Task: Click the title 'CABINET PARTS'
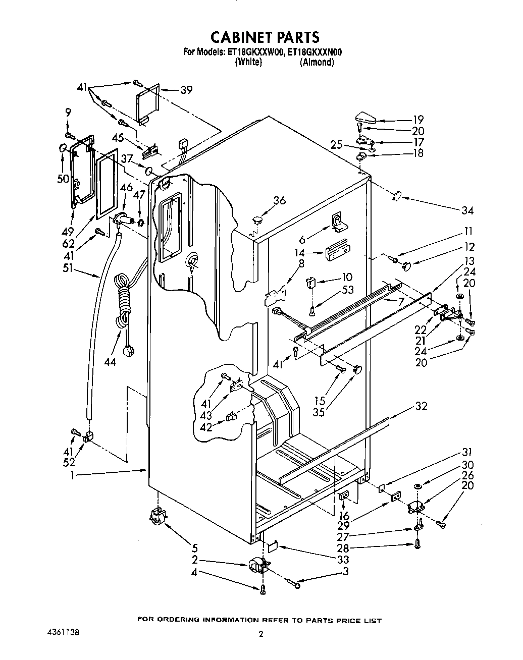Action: [x=265, y=37]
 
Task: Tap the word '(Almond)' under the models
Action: [x=317, y=62]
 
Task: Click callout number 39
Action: [x=186, y=90]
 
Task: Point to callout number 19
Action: [x=417, y=120]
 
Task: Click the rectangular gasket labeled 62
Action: [x=106, y=185]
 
